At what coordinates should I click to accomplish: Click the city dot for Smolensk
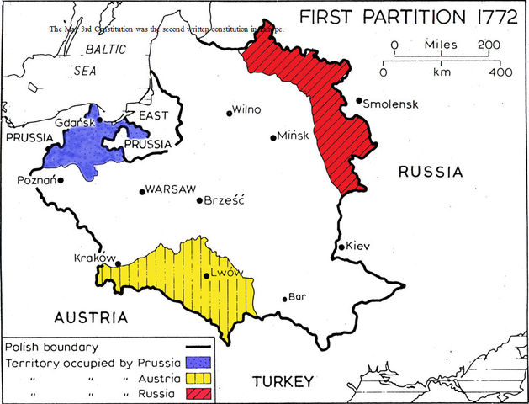pyautogui.click(x=359, y=101)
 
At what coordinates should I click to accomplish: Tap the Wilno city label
pyautogui.click(x=248, y=109)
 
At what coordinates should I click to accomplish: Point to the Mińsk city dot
pyautogui.click(x=272, y=138)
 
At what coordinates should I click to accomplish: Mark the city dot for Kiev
pyautogui.click(x=341, y=247)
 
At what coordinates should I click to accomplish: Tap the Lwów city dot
pyautogui.click(x=206, y=275)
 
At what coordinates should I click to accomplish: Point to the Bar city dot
pyautogui.click(x=284, y=299)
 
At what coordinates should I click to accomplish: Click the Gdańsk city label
pyautogui.click(x=73, y=122)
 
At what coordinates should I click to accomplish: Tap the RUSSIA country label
pyautogui.click(x=431, y=173)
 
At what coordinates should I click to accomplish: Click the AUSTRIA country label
pyautogui.click(x=91, y=318)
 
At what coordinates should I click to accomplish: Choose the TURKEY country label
pyautogui.click(x=283, y=382)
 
